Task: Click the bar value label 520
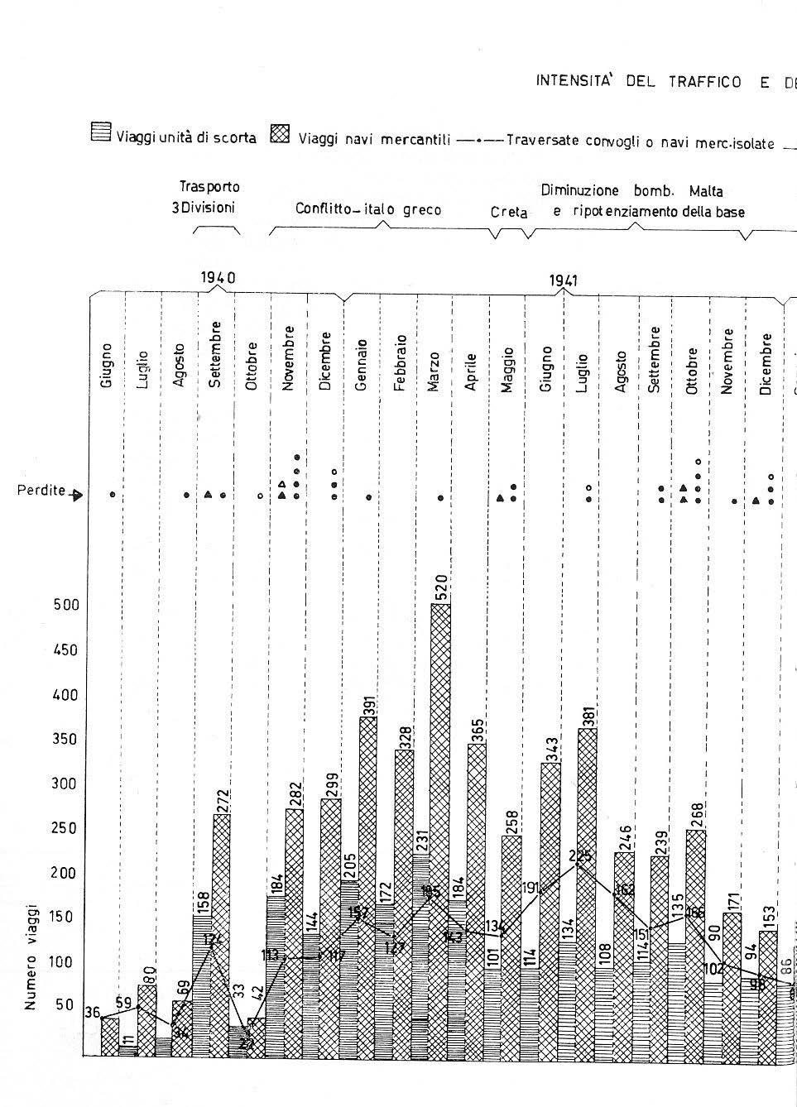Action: (441, 588)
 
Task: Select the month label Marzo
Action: (435, 371)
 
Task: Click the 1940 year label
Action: (218, 278)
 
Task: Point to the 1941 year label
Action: (563, 280)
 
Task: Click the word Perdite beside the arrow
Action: (41, 491)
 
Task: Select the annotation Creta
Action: (509, 213)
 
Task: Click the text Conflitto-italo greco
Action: (368, 209)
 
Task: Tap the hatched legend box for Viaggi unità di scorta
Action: (100, 133)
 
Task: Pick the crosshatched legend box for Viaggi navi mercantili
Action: (281, 133)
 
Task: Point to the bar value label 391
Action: (369, 699)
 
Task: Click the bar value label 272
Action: (223, 798)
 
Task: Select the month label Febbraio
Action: (400, 362)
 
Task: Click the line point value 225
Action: (582, 856)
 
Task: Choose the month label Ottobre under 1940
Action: (252, 366)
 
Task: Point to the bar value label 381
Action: (588, 712)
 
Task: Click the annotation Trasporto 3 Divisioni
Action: (204, 198)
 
